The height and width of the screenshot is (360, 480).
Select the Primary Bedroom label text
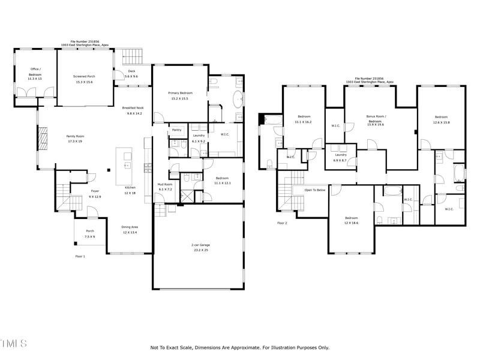180,93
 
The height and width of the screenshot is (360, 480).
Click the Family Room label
75,136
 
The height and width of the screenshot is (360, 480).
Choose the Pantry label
176,130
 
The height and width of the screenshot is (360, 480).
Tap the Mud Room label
165,184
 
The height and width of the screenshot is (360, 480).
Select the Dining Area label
130,227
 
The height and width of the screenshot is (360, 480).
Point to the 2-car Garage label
200,245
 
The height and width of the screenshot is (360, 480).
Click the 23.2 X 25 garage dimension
200,250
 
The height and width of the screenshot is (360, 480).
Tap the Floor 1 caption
80,256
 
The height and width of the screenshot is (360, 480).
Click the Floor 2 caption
282,223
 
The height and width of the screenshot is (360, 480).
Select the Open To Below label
314,190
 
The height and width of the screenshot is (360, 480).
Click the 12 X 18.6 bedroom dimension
351,223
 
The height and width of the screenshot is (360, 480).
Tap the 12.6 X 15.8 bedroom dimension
442,122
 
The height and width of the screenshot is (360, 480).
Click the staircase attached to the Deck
133,57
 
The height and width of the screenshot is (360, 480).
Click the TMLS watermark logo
13,344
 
